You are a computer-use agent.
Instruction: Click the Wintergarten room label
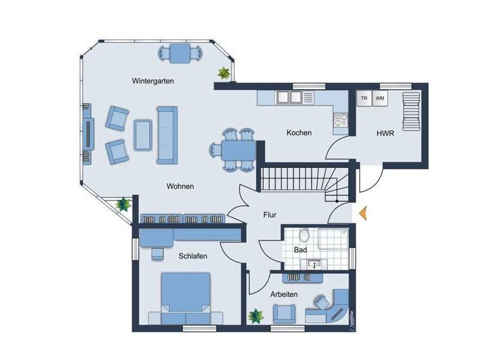click(153, 81)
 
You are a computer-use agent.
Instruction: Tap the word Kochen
click(299, 133)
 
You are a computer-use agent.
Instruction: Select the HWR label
click(385, 134)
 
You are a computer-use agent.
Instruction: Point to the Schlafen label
click(193, 256)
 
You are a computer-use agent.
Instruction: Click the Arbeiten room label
click(284, 294)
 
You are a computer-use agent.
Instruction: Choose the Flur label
click(270, 215)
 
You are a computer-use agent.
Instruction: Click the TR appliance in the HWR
click(364, 98)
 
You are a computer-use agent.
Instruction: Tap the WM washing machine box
click(380, 98)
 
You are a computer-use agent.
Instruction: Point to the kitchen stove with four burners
click(339, 119)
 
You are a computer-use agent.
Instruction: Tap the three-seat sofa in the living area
click(167, 135)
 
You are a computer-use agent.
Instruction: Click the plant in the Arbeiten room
click(256, 316)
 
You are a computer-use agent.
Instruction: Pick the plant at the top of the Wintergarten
click(224, 73)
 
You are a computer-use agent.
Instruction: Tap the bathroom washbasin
click(315, 264)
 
